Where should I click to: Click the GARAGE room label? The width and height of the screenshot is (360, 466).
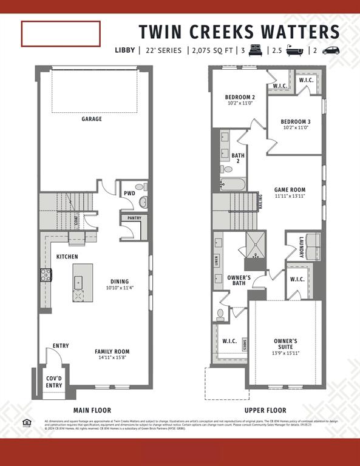coord(92,119)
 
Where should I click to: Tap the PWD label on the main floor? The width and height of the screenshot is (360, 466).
coord(129,194)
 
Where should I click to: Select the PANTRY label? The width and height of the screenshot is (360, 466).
coord(134,218)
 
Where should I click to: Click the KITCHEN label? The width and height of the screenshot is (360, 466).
coord(67,257)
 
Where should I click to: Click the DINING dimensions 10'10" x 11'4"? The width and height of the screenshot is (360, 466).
coord(119,288)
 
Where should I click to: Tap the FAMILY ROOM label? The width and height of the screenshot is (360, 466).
coord(112,351)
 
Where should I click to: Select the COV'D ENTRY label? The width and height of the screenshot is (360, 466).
coord(54,382)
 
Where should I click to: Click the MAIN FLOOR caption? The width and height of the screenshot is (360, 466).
coord(92,410)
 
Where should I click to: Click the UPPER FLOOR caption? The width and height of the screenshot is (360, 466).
coord(265,410)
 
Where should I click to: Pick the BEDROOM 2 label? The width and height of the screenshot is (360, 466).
coord(240,97)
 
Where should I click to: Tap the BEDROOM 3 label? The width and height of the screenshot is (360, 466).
coord(296,121)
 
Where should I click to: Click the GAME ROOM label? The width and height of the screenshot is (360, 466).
coord(290,190)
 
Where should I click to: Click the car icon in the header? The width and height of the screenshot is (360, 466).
coord(331,50)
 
